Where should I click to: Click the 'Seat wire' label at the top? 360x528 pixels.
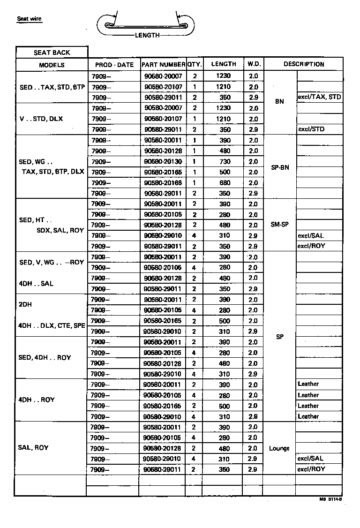(x=29, y=19)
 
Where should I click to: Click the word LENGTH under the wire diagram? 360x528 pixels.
(x=147, y=35)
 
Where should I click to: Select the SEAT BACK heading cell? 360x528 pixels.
(x=52, y=53)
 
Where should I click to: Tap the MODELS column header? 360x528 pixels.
(x=52, y=65)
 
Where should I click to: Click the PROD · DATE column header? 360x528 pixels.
(x=114, y=65)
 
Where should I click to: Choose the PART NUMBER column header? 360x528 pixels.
(x=163, y=65)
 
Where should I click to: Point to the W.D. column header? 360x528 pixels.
(x=254, y=64)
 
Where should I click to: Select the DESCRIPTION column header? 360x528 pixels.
(x=303, y=64)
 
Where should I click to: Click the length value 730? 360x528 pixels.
(x=225, y=162)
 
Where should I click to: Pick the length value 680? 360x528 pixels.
(x=225, y=183)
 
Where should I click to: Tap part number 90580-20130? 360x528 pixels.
(x=163, y=162)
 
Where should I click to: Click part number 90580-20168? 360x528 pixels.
(x=163, y=183)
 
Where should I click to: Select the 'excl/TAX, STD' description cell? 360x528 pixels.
(x=319, y=97)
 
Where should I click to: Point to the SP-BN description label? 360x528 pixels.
(x=280, y=167)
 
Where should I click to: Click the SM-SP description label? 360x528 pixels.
(x=280, y=225)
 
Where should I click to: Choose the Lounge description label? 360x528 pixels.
(x=279, y=448)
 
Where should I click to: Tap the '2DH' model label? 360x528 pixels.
(x=25, y=304)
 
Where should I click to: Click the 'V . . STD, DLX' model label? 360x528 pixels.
(x=41, y=119)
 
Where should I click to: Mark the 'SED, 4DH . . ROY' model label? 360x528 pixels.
(x=45, y=357)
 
